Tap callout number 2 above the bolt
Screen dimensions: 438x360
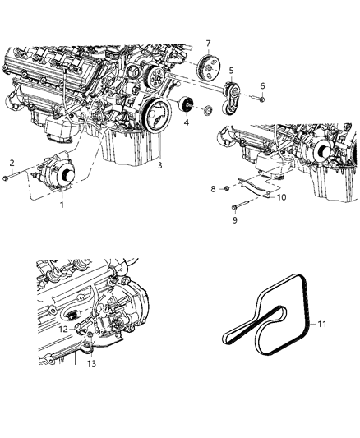[x=12, y=162]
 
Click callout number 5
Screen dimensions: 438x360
[x=232, y=71]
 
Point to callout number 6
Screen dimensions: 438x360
[x=261, y=85]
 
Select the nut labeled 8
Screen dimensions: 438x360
[x=224, y=190]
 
